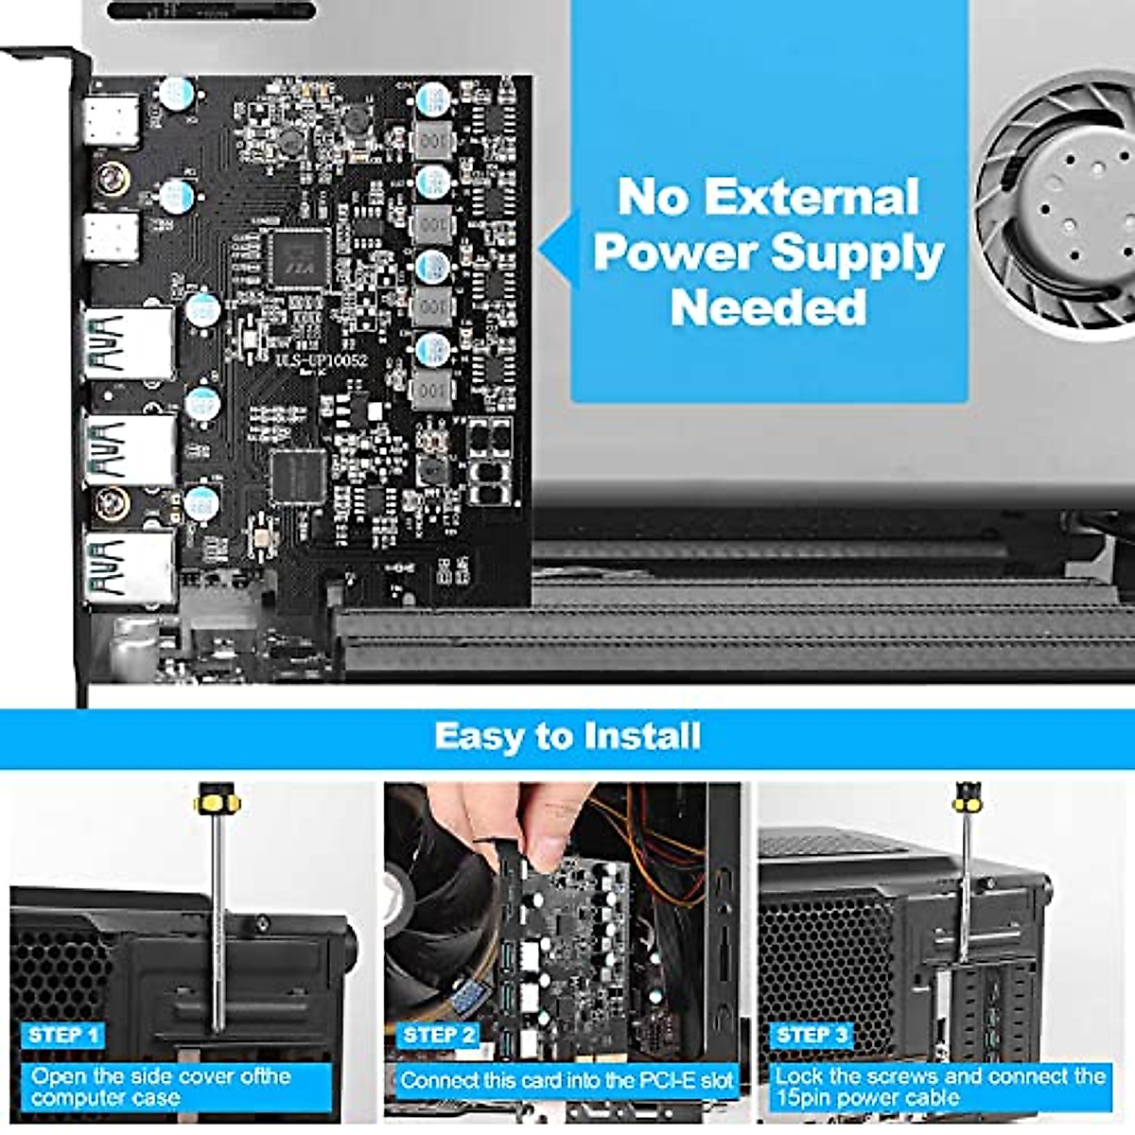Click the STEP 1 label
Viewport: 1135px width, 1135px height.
63,1034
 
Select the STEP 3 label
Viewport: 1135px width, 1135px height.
811,1034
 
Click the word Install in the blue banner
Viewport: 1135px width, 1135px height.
642,736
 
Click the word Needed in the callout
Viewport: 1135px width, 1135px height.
768,307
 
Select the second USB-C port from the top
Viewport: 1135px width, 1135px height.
111,236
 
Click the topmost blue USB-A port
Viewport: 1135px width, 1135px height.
128,342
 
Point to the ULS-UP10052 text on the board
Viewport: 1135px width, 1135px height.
321,360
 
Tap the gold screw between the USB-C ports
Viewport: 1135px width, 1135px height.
112,177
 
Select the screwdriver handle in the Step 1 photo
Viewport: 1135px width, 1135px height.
217,802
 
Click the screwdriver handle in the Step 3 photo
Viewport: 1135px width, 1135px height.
966,800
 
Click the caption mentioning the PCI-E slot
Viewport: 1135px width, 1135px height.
566,1079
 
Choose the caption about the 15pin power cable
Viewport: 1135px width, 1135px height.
939,1087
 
